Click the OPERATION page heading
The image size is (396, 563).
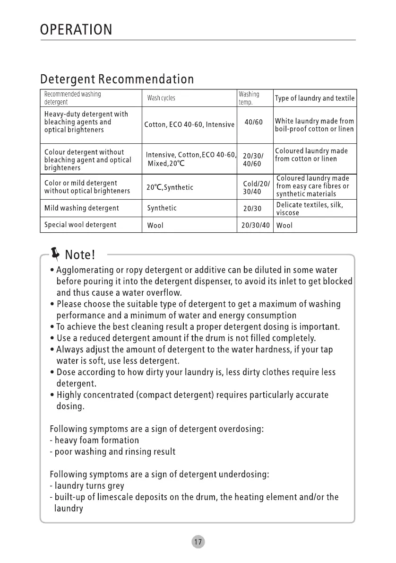coord(76,30)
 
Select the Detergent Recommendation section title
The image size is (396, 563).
coord(117,79)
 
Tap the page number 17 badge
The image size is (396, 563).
coord(198,542)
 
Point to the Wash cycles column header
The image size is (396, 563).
coord(161,98)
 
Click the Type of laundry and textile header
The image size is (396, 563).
coord(314,98)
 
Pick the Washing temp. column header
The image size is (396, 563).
coord(249,98)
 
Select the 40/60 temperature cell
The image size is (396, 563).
coord(254,122)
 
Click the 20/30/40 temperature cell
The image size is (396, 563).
coord(255,225)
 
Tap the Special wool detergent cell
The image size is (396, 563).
coord(80,225)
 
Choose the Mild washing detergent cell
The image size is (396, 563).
coord(81,208)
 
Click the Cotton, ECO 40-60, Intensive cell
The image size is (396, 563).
coord(189,125)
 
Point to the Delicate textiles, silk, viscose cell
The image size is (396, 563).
coord(310,209)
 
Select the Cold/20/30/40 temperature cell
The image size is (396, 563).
coord(255,187)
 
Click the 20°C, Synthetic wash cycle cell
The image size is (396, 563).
coord(170,187)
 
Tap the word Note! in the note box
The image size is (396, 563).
coord(80,255)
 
